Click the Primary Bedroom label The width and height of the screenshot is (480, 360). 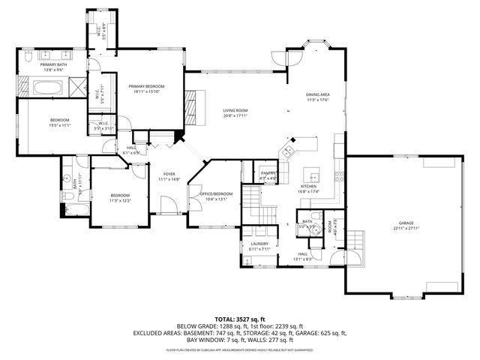(x=145, y=86)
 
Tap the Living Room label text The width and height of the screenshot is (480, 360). (x=235, y=110)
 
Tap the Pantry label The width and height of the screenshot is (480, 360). (x=268, y=173)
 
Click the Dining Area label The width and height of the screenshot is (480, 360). (x=318, y=94)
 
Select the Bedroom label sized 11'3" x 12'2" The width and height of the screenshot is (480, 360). (x=120, y=196)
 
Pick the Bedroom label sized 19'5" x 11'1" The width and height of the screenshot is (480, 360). (x=60, y=121)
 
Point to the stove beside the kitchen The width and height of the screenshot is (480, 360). (x=340, y=177)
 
